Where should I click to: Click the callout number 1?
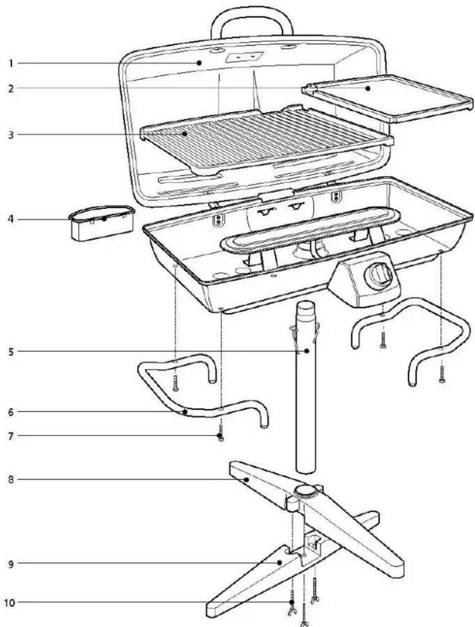10,63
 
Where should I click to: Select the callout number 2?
10,88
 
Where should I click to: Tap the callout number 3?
10,134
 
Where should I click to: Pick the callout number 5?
10,351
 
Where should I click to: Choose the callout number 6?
10,412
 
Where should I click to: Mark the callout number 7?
10,435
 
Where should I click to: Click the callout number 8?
10,480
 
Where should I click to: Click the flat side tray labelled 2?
388,97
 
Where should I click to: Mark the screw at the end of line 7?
221,435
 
